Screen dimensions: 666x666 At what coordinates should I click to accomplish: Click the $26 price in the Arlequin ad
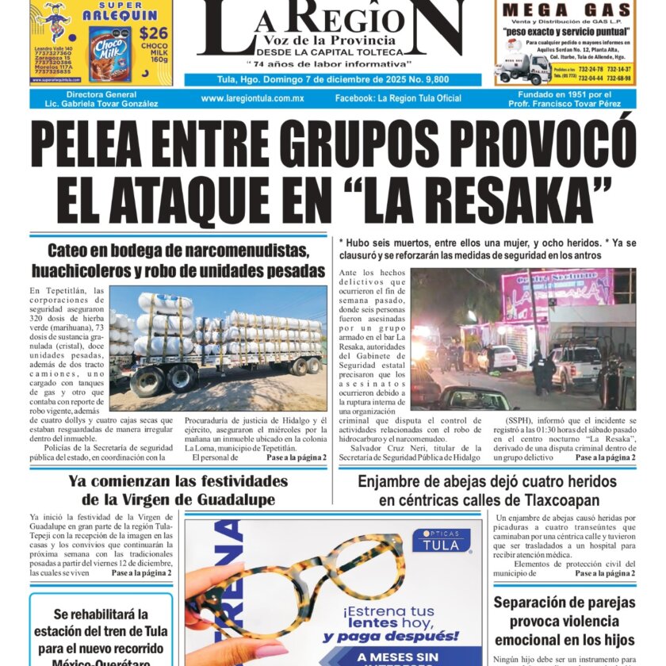(x=153, y=33)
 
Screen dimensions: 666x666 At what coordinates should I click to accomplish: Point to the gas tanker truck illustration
(x=520, y=69)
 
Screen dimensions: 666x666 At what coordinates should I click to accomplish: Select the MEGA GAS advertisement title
(x=566, y=10)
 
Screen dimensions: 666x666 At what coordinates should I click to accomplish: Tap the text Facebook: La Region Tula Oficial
(x=398, y=98)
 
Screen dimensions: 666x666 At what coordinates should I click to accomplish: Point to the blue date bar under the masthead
(x=332, y=79)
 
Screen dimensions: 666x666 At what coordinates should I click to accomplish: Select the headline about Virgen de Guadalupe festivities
(x=178, y=490)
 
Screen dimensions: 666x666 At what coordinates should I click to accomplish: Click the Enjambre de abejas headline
(x=487, y=490)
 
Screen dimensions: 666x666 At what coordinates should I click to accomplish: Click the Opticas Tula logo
(x=441, y=539)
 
